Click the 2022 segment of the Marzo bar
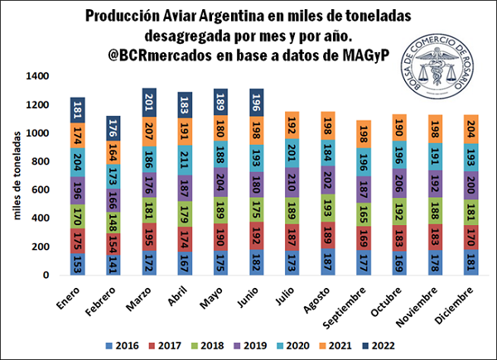[x=150, y=102]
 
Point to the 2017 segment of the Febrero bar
[x=114, y=243]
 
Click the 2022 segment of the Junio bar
[x=257, y=103]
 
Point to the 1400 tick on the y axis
[x=38, y=76]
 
